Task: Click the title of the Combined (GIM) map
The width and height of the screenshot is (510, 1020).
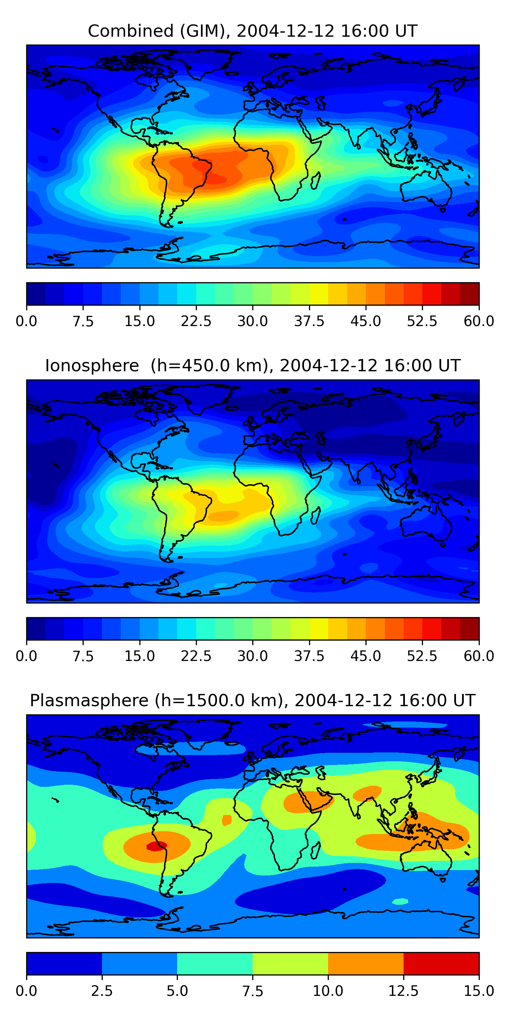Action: (253, 31)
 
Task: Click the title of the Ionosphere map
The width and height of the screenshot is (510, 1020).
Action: (253, 365)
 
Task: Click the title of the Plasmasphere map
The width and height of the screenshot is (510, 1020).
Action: (253, 700)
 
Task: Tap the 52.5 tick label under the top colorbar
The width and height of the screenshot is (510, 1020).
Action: (422, 321)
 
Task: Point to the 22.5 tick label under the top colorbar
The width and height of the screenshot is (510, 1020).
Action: (196, 321)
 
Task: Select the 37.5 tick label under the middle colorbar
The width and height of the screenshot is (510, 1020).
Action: (309, 656)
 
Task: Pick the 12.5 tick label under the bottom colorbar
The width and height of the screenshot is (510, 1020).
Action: (404, 991)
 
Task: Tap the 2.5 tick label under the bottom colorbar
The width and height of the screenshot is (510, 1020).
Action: (102, 991)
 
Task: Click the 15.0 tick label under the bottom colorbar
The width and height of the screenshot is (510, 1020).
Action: (479, 991)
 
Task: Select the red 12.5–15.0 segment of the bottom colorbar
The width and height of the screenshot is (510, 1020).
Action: (441, 963)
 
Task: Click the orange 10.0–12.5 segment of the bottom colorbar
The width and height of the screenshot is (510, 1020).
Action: (365, 963)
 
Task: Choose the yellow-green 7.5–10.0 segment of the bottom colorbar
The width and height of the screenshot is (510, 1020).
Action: (290, 963)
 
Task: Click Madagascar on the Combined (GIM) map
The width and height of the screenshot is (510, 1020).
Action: (316, 181)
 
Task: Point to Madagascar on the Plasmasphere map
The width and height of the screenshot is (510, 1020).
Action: (316, 851)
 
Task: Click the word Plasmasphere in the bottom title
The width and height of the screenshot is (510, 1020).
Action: (89, 700)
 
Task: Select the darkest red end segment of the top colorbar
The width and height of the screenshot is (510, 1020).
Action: (470, 294)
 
